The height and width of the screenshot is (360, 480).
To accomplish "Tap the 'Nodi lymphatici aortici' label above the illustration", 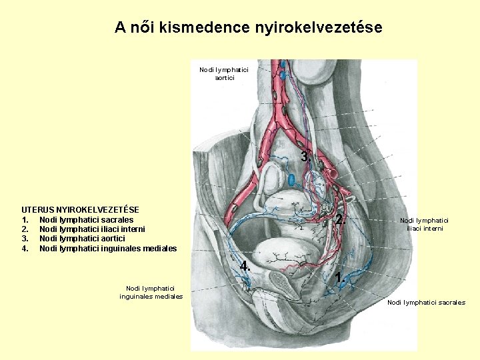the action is pyautogui.click(x=224, y=73).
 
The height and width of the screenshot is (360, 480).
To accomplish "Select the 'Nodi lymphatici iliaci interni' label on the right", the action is pyautogui.click(x=424, y=224).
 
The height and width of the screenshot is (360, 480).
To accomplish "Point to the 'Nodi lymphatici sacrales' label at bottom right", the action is pyautogui.click(x=426, y=303).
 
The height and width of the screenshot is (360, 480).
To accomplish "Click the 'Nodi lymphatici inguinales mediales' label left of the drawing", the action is pyautogui.click(x=151, y=292).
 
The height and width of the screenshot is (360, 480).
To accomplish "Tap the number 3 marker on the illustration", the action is pyautogui.click(x=305, y=157).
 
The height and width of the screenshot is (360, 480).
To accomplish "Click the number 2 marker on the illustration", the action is pyautogui.click(x=339, y=220).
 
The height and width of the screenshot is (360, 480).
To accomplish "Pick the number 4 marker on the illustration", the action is pyautogui.click(x=245, y=265).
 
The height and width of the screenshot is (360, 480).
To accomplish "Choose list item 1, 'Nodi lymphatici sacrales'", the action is pyautogui.click(x=86, y=219).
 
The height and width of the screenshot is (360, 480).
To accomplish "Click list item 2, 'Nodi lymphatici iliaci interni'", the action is pyautogui.click(x=92, y=229).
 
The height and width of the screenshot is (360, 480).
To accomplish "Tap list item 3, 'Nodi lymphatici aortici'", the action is pyautogui.click(x=82, y=239).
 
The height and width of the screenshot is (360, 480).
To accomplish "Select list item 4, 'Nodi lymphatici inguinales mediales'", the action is pyautogui.click(x=108, y=249).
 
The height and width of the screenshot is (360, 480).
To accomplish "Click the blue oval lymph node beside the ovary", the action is pyautogui.click(x=292, y=179).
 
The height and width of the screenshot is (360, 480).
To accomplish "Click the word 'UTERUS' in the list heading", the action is pyautogui.click(x=39, y=209).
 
